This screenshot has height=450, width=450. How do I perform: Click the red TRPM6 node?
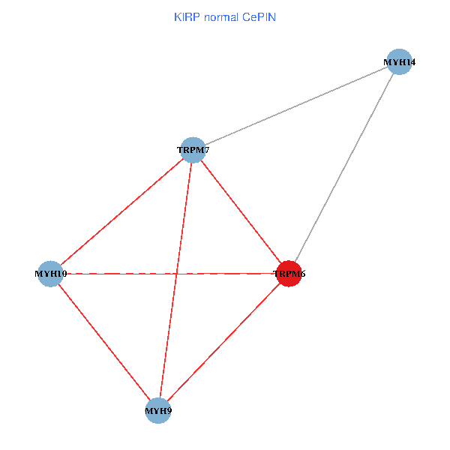coord(289,274)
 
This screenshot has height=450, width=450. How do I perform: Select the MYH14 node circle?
coord(400,61)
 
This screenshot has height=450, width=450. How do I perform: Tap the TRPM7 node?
coord(193,150)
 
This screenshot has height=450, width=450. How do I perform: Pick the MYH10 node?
coord(50,274)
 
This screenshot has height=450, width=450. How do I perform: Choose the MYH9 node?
coord(158,410)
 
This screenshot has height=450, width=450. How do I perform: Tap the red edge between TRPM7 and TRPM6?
coord(241,211)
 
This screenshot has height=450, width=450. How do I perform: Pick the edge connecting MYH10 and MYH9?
coord(104,342)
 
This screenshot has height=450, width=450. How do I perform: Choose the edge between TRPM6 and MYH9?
coord(223,342)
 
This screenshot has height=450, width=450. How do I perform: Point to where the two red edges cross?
coord(176,274)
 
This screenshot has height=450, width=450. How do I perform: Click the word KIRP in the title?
coord(184,16)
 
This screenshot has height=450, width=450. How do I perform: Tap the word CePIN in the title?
coord(259,16)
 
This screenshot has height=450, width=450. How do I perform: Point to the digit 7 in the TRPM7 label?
coord(205,150)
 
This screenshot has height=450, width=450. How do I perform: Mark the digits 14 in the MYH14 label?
coord(410,62)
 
